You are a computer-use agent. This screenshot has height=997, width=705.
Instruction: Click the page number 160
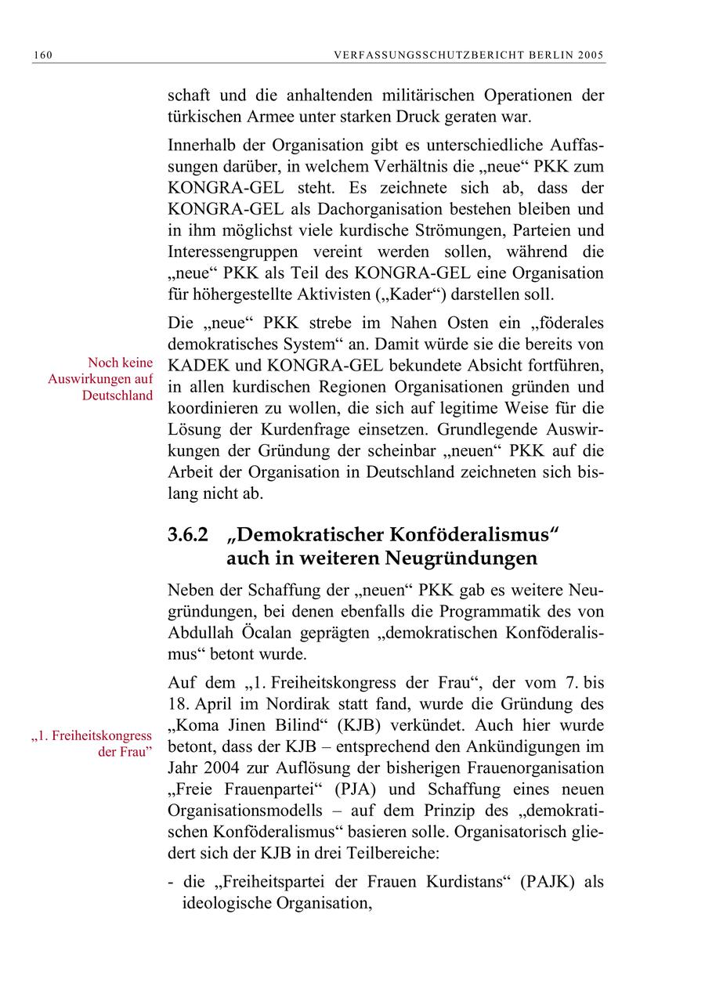click(x=42, y=55)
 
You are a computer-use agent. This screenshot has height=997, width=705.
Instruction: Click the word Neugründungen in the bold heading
click(x=461, y=558)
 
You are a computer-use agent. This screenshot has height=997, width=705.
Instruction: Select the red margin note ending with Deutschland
click(x=100, y=379)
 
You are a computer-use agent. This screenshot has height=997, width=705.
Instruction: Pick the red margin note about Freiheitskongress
click(x=92, y=744)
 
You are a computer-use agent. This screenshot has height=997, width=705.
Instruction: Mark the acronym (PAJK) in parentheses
click(x=549, y=881)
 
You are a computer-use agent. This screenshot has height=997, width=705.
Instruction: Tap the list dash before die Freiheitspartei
click(x=172, y=882)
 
